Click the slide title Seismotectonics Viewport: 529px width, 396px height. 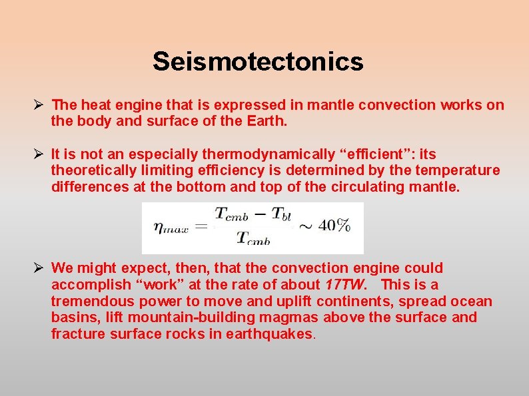pos(258,62)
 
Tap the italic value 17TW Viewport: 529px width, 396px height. pos(345,285)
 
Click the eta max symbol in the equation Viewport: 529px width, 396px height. pos(171,227)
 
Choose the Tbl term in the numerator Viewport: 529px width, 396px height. pos(278,214)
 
